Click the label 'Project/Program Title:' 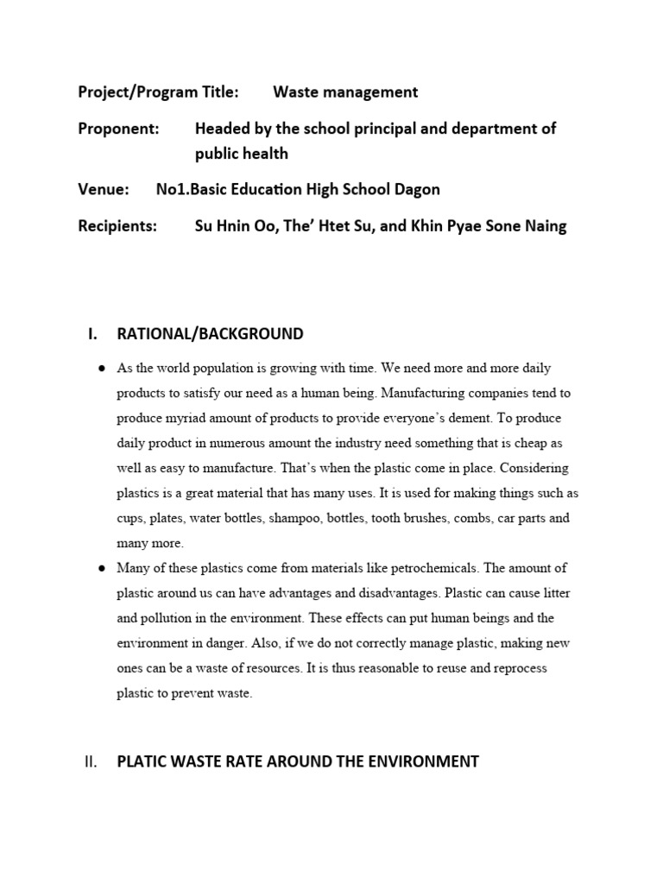point(158,92)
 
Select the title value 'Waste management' point(345,92)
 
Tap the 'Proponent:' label point(119,129)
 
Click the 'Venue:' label point(104,190)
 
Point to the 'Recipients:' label point(117,226)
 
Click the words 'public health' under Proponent point(242,154)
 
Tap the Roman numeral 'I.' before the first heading point(92,333)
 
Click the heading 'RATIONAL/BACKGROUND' point(210,333)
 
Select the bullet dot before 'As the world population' point(102,368)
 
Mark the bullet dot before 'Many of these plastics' point(102,568)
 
